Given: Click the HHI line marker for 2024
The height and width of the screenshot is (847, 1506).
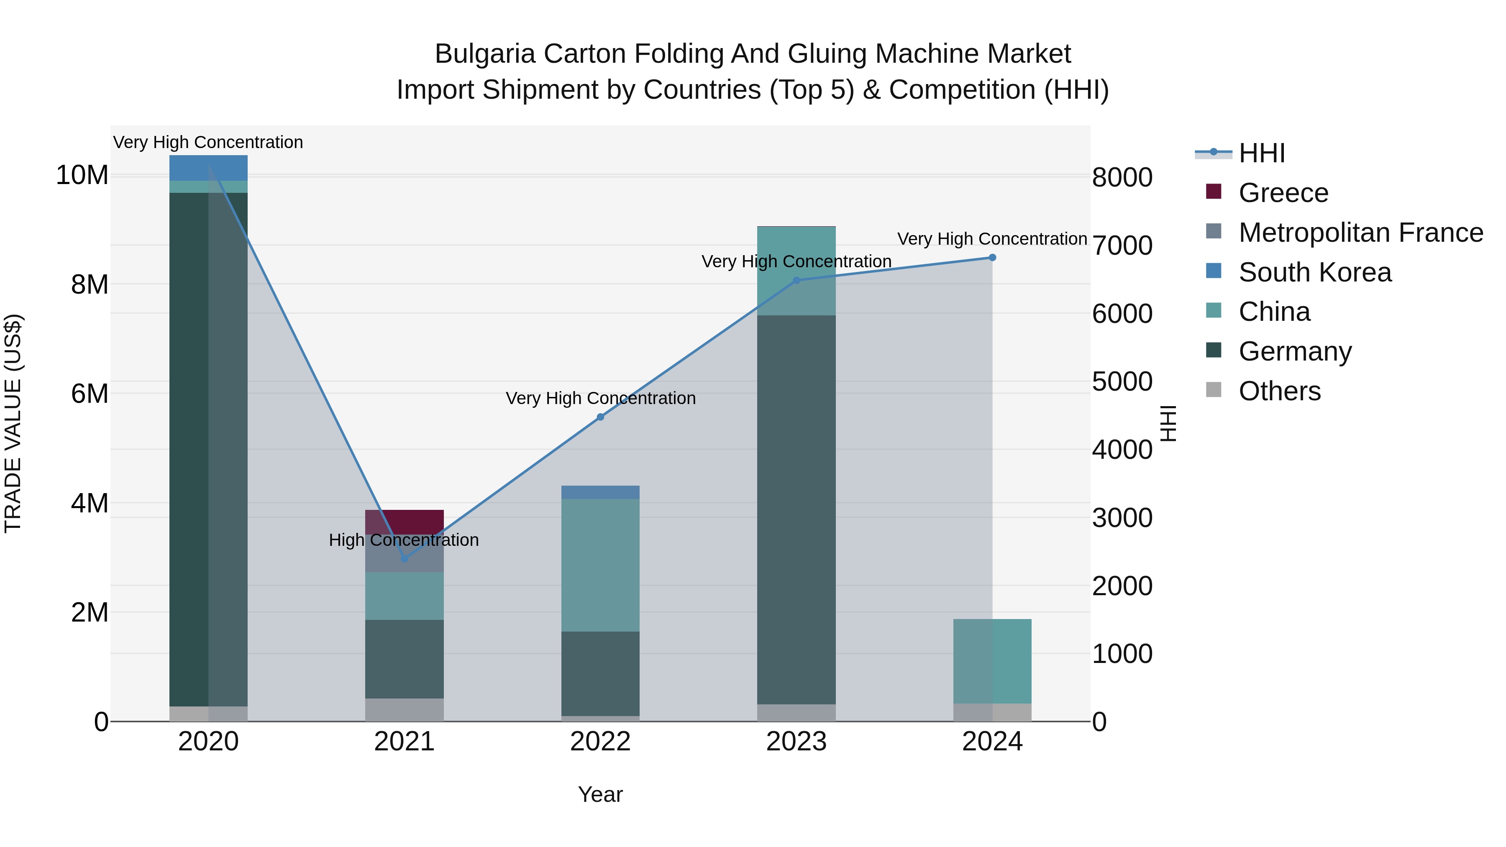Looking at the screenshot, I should [x=992, y=258].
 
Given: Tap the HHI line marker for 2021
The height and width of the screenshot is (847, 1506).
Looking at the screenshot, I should [x=405, y=559].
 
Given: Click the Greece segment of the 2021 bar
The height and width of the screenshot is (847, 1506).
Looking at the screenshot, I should [x=405, y=521].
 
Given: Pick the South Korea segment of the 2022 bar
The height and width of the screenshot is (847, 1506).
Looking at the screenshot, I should [x=600, y=492].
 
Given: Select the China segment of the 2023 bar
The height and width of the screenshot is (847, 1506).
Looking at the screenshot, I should [x=796, y=271].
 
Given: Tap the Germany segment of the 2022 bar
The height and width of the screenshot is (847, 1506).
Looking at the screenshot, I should [x=600, y=673].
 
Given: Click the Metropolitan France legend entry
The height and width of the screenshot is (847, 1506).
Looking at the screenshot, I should [x=1360, y=233].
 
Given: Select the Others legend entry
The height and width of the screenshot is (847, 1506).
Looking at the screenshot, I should [x=1279, y=391].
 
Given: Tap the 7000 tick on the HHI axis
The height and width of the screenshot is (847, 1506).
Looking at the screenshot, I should [x=1122, y=246].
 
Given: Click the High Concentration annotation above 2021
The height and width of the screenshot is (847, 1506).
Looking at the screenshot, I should [x=404, y=540].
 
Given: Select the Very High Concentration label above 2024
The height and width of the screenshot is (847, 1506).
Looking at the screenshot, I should [x=992, y=239].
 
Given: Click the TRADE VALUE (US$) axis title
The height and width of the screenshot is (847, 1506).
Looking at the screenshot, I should [x=13, y=423].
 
